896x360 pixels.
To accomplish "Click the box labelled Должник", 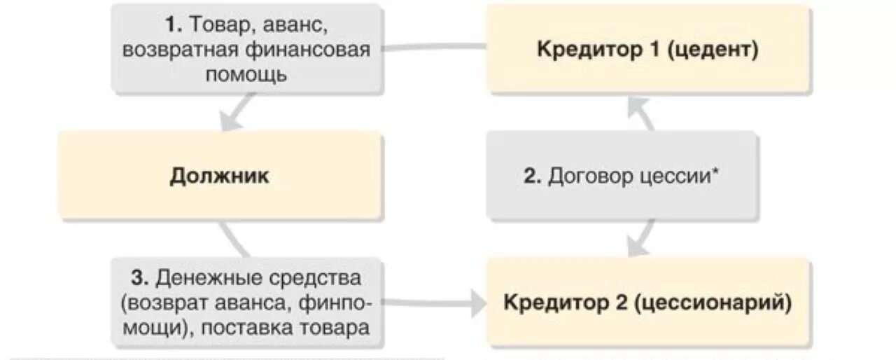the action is (x=219, y=176).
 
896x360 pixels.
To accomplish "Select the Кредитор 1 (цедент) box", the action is (x=648, y=49).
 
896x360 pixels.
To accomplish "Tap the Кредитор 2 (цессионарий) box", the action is (x=648, y=303).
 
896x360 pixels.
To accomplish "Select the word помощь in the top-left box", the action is (x=246, y=74).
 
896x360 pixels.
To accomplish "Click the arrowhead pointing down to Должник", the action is (x=232, y=120).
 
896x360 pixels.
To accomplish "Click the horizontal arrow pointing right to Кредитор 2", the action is (x=477, y=303).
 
